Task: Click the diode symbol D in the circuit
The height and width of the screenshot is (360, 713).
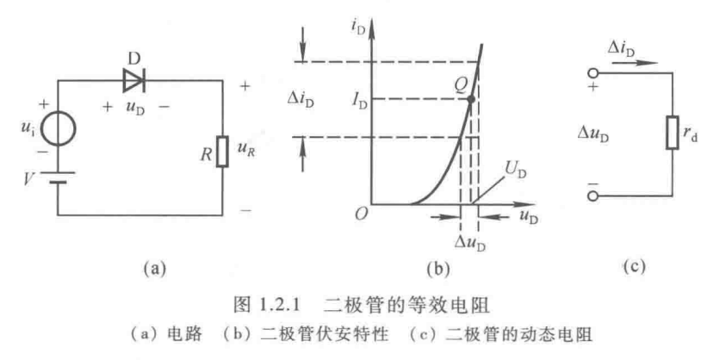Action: tap(134, 80)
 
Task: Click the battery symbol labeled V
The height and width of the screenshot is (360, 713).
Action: tap(59, 178)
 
